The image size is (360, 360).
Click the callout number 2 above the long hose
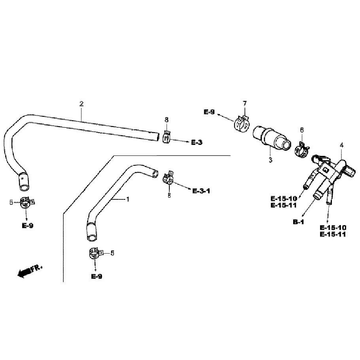[81, 104]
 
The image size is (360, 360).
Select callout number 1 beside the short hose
[128, 199]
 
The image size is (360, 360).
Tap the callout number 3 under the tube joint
[271, 160]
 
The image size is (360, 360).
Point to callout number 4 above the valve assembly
[342, 145]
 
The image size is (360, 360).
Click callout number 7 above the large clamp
[245, 104]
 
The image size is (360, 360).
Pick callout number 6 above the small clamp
[302, 130]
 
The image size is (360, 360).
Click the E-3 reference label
[197, 142]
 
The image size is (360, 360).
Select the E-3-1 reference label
[201, 191]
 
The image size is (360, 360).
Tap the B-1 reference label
[298, 222]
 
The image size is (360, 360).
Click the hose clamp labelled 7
[242, 123]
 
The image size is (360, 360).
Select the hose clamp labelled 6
[302, 150]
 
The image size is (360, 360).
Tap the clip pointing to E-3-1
[168, 178]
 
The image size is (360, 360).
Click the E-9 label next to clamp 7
[209, 112]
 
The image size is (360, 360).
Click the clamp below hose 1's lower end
[95, 254]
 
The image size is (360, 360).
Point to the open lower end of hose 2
[24, 188]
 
